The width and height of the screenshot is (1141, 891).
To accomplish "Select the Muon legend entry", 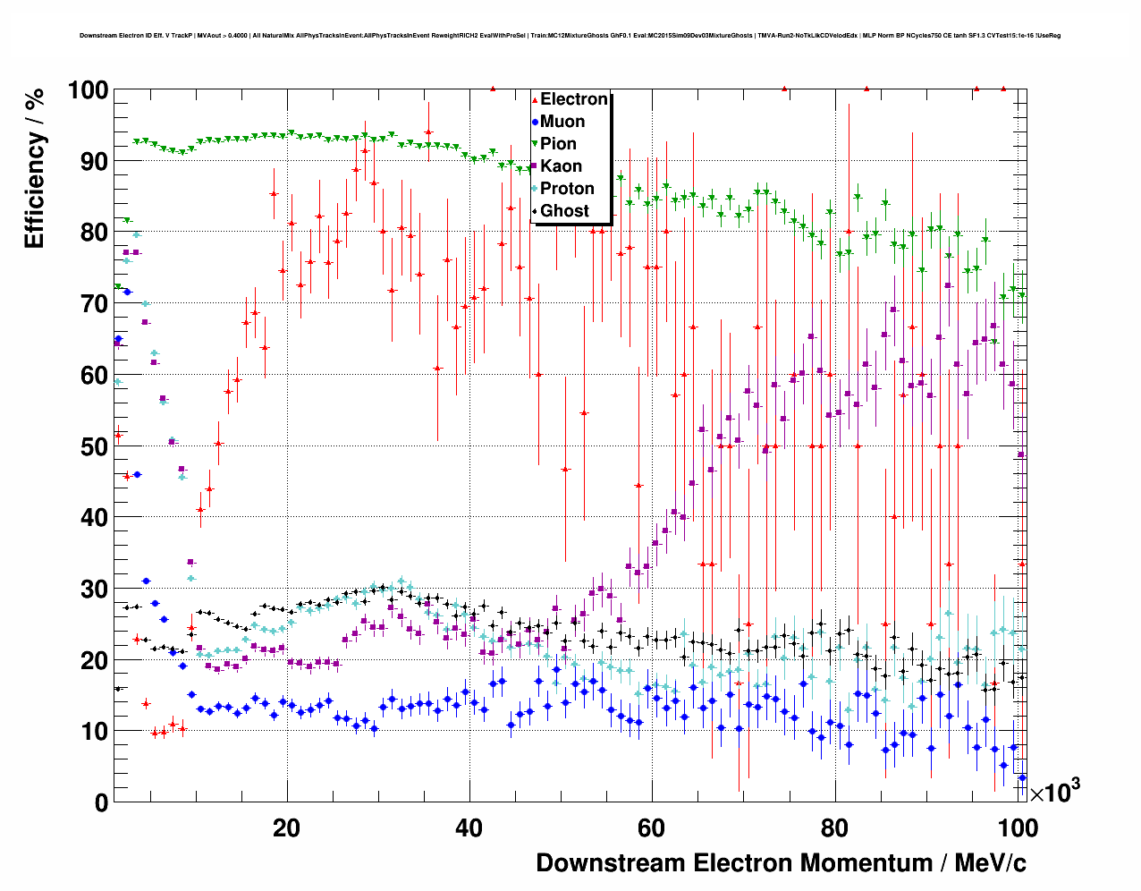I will (x=562, y=122).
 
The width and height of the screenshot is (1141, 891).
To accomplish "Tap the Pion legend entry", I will (x=558, y=144).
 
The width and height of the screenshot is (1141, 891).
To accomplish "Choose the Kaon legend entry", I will (x=561, y=166).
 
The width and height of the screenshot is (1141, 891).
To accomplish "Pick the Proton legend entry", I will (x=567, y=189).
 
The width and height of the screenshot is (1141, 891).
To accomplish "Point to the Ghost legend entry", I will (x=564, y=211).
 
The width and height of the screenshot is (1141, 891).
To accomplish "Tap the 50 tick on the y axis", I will (x=93, y=446).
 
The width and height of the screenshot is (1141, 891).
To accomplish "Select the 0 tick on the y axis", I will (x=101, y=802).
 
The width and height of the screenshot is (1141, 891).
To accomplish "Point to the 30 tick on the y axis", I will (x=93, y=589).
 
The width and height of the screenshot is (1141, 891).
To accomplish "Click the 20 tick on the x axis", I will (x=286, y=828).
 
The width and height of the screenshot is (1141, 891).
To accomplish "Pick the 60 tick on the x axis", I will (x=652, y=828).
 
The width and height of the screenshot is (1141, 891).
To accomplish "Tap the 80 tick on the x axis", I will (x=834, y=828).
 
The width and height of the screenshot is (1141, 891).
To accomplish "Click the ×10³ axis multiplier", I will (x=1054, y=793).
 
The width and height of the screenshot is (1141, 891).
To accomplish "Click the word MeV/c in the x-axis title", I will (x=990, y=863).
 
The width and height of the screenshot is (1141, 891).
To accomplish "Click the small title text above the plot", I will (x=570, y=36).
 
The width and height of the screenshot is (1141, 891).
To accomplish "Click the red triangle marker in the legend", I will (x=535, y=99).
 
